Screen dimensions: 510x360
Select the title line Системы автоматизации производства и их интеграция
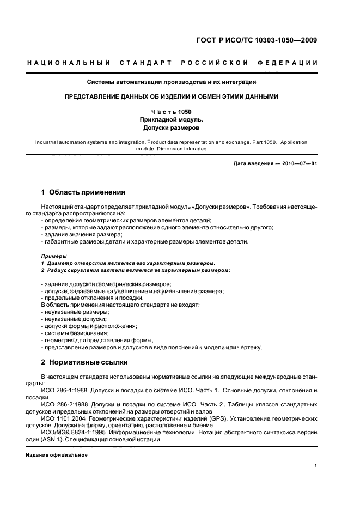click(172, 82)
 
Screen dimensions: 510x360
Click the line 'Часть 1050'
click(172, 111)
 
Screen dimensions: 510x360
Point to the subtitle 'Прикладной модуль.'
click(172, 120)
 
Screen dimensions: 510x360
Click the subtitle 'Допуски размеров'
click(172, 129)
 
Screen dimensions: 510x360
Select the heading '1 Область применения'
click(83, 192)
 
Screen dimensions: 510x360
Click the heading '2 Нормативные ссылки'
click(83, 362)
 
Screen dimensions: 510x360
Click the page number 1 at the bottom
click(316, 466)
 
